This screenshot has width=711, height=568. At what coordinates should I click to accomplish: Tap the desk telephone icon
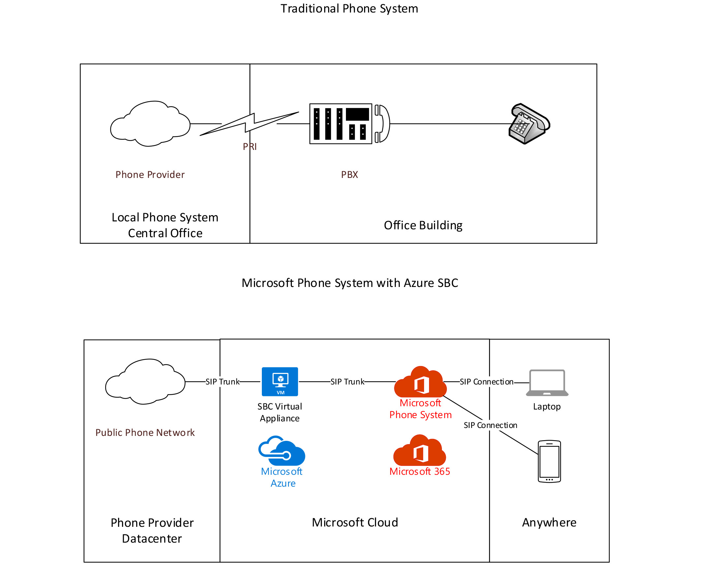(x=529, y=124)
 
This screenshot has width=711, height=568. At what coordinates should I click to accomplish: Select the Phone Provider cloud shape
(x=150, y=124)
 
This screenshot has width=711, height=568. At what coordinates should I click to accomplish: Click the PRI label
(x=250, y=147)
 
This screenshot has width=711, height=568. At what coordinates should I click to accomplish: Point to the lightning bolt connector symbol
(x=249, y=124)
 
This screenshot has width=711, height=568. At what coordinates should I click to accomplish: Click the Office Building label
(x=423, y=225)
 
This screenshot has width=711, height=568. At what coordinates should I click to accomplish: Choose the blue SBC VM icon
(x=280, y=382)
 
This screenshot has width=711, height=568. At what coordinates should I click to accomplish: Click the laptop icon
(x=547, y=383)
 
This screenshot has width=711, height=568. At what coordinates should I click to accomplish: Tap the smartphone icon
(x=549, y=461)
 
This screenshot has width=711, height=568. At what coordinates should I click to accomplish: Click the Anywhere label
(x=549, y=523)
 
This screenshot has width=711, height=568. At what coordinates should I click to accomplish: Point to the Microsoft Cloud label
(x=355, y=523)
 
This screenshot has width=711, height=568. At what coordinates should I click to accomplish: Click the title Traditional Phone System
(x=349, y=9)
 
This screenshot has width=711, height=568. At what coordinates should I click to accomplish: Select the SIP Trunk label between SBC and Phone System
(x=347, y=382)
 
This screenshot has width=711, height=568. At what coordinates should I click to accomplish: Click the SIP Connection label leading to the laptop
(x=486, y=382)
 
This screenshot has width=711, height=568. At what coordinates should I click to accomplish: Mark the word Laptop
(x=547, y=407)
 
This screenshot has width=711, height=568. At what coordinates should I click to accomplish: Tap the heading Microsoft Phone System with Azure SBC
(x=350, y=283)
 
